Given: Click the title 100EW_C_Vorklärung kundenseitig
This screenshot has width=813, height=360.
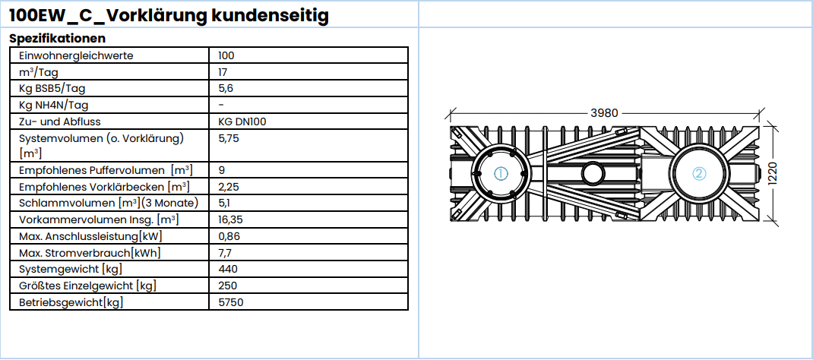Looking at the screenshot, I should pos(169,14).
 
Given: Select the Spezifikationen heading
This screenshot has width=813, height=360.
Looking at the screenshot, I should pos(57,38).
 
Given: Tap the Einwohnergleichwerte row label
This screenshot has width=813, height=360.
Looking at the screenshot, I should pos(76,55).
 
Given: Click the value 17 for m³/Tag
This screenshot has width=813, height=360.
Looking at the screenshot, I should pos(223,72).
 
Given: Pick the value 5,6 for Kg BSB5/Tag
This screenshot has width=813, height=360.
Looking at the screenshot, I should pos(225,89).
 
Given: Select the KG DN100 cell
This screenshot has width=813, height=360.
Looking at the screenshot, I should pos(242,122).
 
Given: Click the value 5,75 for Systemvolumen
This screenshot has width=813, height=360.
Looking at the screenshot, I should pos(228,139).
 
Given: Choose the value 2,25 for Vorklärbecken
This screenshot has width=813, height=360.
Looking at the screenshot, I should pos(229,186).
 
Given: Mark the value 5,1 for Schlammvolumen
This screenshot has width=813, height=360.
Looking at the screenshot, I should pos(225,203).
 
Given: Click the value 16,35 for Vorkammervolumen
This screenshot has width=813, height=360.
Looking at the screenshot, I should pos(231,219).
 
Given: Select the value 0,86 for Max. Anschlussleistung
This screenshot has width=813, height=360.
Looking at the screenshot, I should pos(228,236).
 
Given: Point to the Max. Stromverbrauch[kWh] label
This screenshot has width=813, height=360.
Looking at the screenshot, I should pos(90,253).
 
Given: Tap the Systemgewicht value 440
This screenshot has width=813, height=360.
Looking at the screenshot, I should pos(227,269).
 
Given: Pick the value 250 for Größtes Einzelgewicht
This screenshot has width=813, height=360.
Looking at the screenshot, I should pos(227,286).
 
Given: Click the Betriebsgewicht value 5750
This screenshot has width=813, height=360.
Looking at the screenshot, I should pos(230,302).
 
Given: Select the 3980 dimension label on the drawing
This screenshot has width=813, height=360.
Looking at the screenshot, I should pos(604,112).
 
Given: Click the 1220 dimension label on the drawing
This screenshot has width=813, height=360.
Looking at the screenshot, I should pos(773,175).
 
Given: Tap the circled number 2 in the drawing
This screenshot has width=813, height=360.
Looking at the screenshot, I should pos(699,173).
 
